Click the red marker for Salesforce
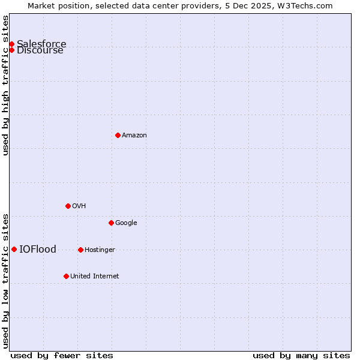pyautogui.click(x=11, y=44)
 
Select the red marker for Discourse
pyautogui.click(x=11, y=50)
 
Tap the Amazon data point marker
pyautogui.click(x=118, y=135)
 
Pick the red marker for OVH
pyautogui.click(x=68, y=206)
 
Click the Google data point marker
pyautogui.click(x=111, y=223)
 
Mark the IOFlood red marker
pyautogui.click(x=14, y=249)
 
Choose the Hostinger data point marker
pyautogui.click(x=80, y=250)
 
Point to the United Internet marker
pyautogui.click(x=66, y=276)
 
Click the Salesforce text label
pyautogui.click(x=41, y=44)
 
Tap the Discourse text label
pyautogui.click(x=40, y=50)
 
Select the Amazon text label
pyautogui.click(x=134, y=136)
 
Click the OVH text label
pyautogui.click(x=79, y=206)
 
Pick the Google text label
pyautogui.click(x=126, y=223)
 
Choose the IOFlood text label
pyautogui.click(x=38, y=250)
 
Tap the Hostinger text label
pyautogui.click(x=100, y=250)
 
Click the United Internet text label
pyautogui.click(x=94, y=277)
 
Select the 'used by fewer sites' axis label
pyautogui.click(x=62, y=355)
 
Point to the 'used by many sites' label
pyautogui.click(x=301, y=355)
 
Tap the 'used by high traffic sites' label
pyautogui.click(x=5, y=85)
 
